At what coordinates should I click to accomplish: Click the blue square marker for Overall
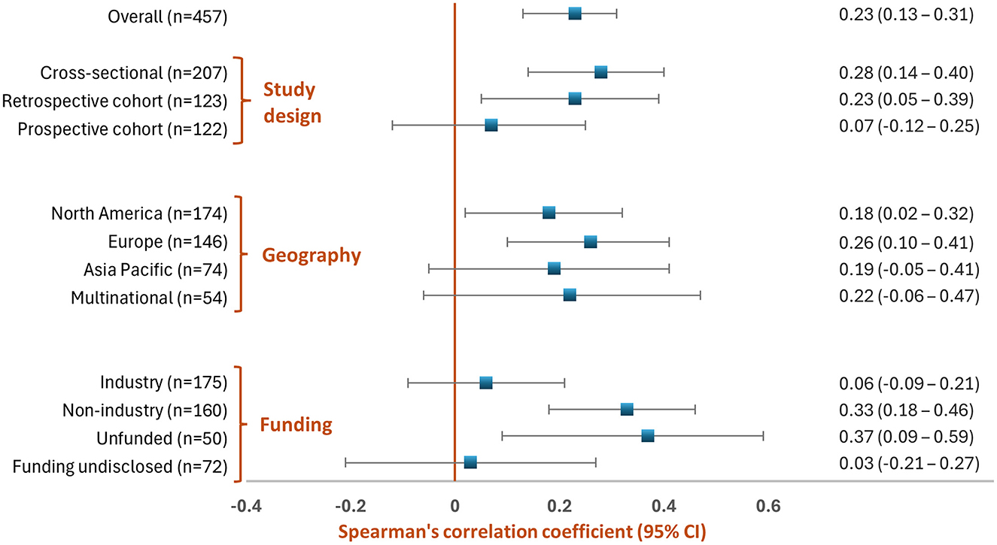click(x=575, y=14)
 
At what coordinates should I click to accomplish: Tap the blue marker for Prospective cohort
click(x=491, y=125)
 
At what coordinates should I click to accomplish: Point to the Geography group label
click(x=312, y=255)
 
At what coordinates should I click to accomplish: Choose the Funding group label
click(x=296, y=425)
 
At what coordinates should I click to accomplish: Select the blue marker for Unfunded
click(x=648, y=436)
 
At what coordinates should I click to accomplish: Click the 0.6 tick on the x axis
click(x=768, y=504)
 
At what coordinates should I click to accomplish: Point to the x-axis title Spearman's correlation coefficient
click(x=521, y=531)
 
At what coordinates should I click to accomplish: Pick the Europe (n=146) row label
click(x=163, y=241)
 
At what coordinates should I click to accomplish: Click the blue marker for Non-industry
click(x=627, y=410)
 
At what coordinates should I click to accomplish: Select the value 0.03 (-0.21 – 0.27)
click(x=908, y=462)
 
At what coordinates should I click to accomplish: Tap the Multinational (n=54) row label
click(x=149, y=297)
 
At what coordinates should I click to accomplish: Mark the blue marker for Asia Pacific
click(x=554, y=268)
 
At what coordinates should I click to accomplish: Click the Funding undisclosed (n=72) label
click(x=120, y=467)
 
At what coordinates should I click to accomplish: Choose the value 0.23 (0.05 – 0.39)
click(x=906, y=98)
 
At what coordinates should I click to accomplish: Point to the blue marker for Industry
click(x=486, y=383)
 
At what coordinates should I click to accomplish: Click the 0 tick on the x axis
click(x=454, y=504)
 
